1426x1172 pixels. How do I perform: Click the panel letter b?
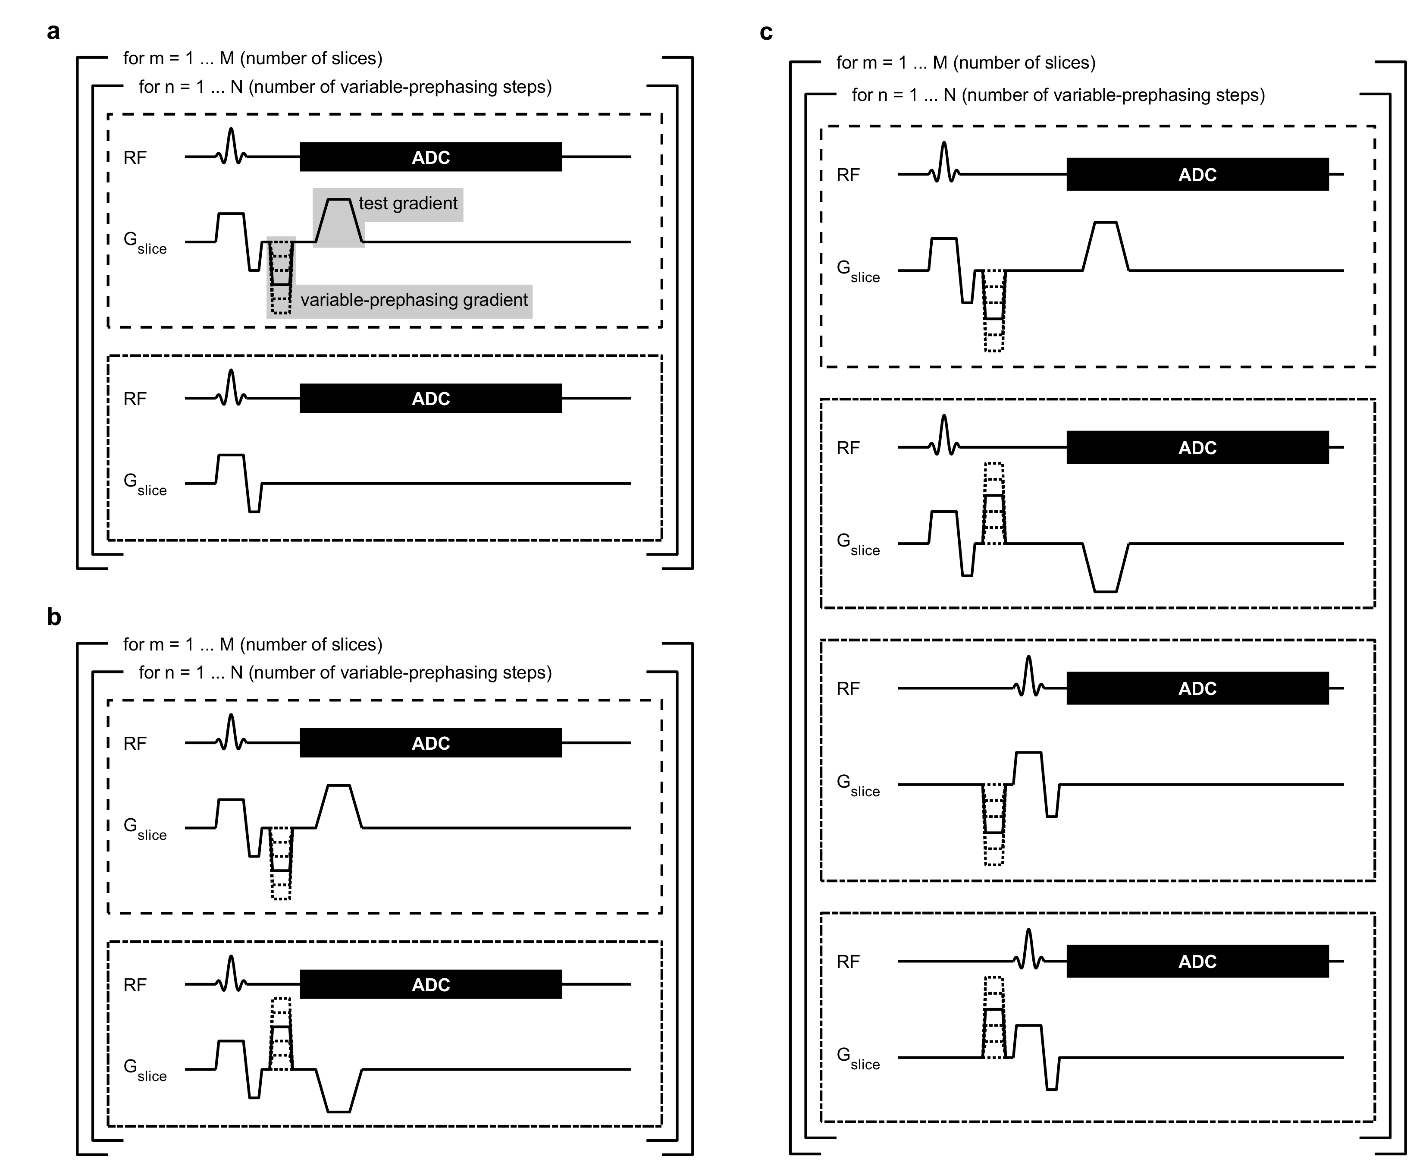54,616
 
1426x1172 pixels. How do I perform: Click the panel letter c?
766,32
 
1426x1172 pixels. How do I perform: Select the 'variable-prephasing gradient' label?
414,300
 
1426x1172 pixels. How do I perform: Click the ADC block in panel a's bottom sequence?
431,398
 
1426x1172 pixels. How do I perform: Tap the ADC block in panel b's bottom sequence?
431,984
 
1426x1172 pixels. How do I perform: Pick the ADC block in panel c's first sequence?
1197,175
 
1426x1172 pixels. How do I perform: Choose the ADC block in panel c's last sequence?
1197,961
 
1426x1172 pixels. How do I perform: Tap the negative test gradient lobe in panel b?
339,1093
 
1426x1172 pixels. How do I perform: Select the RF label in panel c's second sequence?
848,448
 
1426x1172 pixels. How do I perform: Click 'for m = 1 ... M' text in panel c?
965,63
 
